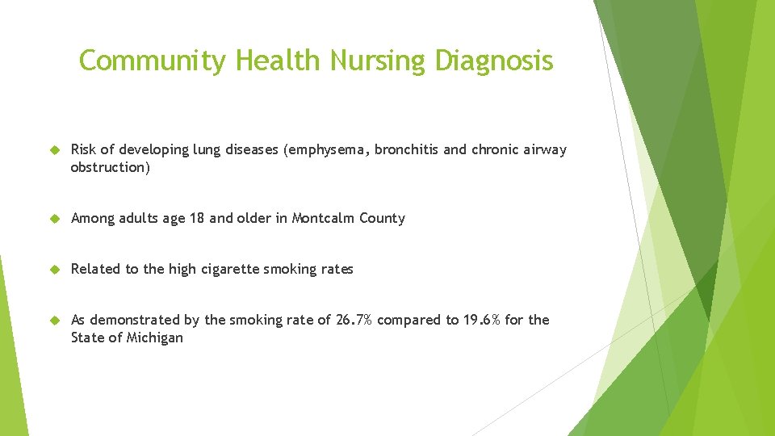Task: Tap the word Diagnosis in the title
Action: tap(494, 61)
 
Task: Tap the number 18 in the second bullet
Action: tap(197, 218)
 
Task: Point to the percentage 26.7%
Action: tap(353, 320)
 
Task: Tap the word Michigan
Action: tap(155, 337)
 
